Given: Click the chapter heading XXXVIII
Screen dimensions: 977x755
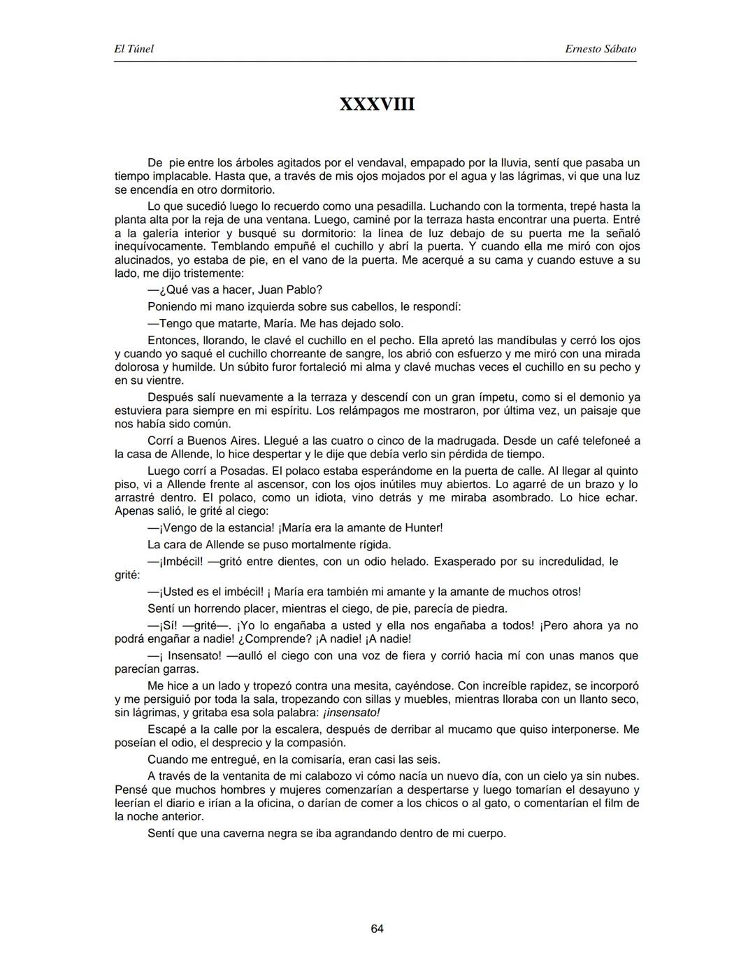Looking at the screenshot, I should (x=377, y=104).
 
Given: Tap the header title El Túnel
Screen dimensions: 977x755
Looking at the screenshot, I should (x=134, y=49).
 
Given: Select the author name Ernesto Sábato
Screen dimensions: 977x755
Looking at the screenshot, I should (x=601, y=49).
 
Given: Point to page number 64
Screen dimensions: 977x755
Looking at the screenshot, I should (x=377, y=929).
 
